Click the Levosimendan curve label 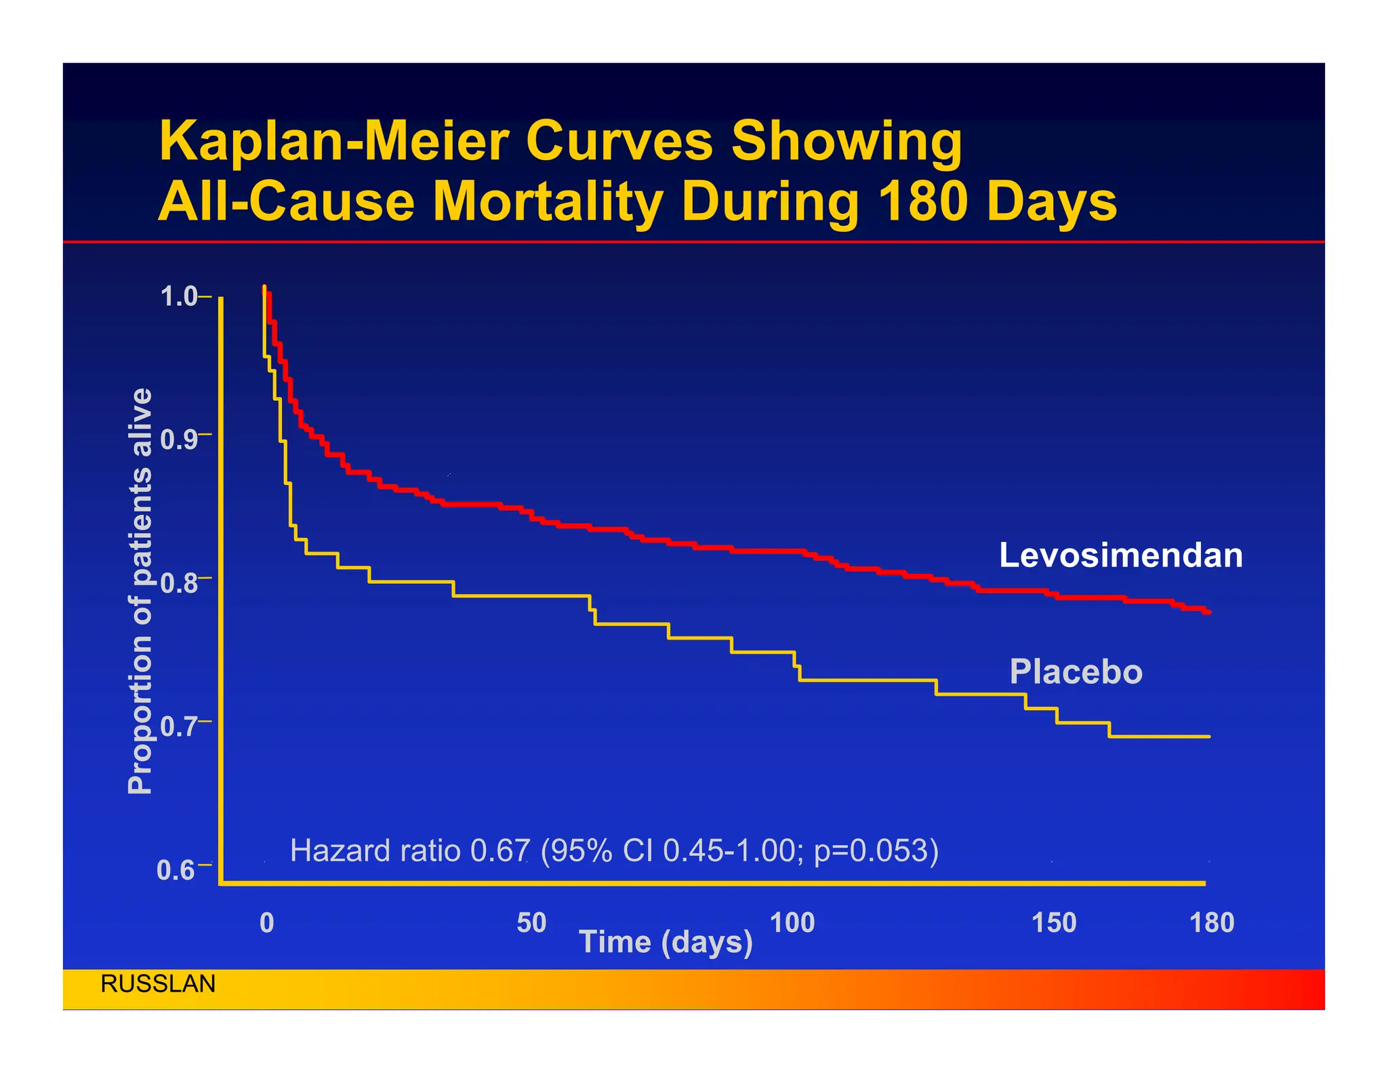click(x=1120, y=555)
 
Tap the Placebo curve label click(x=1076, y=671)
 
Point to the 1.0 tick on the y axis click(x=178, y=296)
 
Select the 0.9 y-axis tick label click(x=178, y=440)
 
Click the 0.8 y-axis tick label click(x=178, y=583)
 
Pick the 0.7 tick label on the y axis click(x=178, y=726)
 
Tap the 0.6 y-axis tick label click(x=175, y=870)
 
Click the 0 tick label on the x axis click(x=267, y=922)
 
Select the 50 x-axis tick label click(x=531, y=922)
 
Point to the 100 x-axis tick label click(x=792, y=922)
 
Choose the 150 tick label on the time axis click(x=1054, y=922)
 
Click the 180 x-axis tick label click(x=1212, y=922)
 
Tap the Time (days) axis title click(x=666, y=942)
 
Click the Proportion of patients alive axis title click(x=140, y=590)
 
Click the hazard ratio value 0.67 click(x=499, y=851)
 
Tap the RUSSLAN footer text click(x=158, y=983)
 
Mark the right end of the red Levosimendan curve click(x=1209, y=612)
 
